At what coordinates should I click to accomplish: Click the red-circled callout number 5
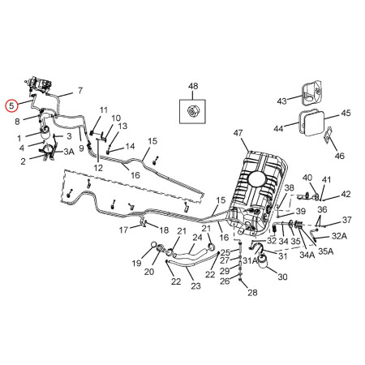tap(11, 105)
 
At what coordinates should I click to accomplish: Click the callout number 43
tap(282, 101)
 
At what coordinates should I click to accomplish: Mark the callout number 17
tap(123, 230)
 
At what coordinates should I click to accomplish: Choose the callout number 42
tap(345, 195)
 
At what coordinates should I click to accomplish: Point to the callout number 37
tap(346, 220)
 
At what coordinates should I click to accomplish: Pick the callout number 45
tap(345, 114)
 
